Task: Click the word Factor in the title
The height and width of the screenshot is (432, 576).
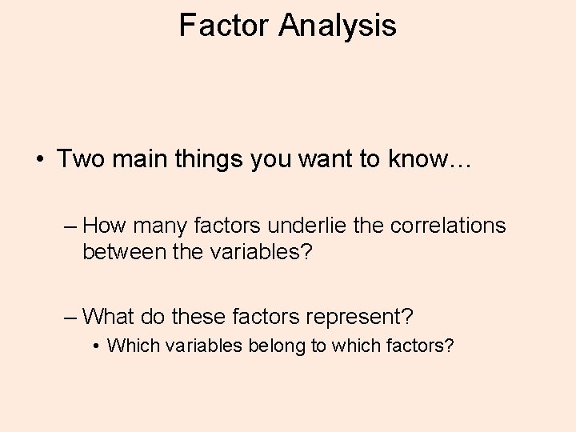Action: click(225, 26)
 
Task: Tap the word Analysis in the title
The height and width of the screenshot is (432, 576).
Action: click(338, 26)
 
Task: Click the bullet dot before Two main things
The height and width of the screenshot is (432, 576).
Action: click(38, 158)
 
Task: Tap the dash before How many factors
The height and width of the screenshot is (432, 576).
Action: click(70, 226)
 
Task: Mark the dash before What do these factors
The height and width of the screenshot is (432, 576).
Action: click(70, 317)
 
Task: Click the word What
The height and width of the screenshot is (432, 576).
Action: click(108, 316)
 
